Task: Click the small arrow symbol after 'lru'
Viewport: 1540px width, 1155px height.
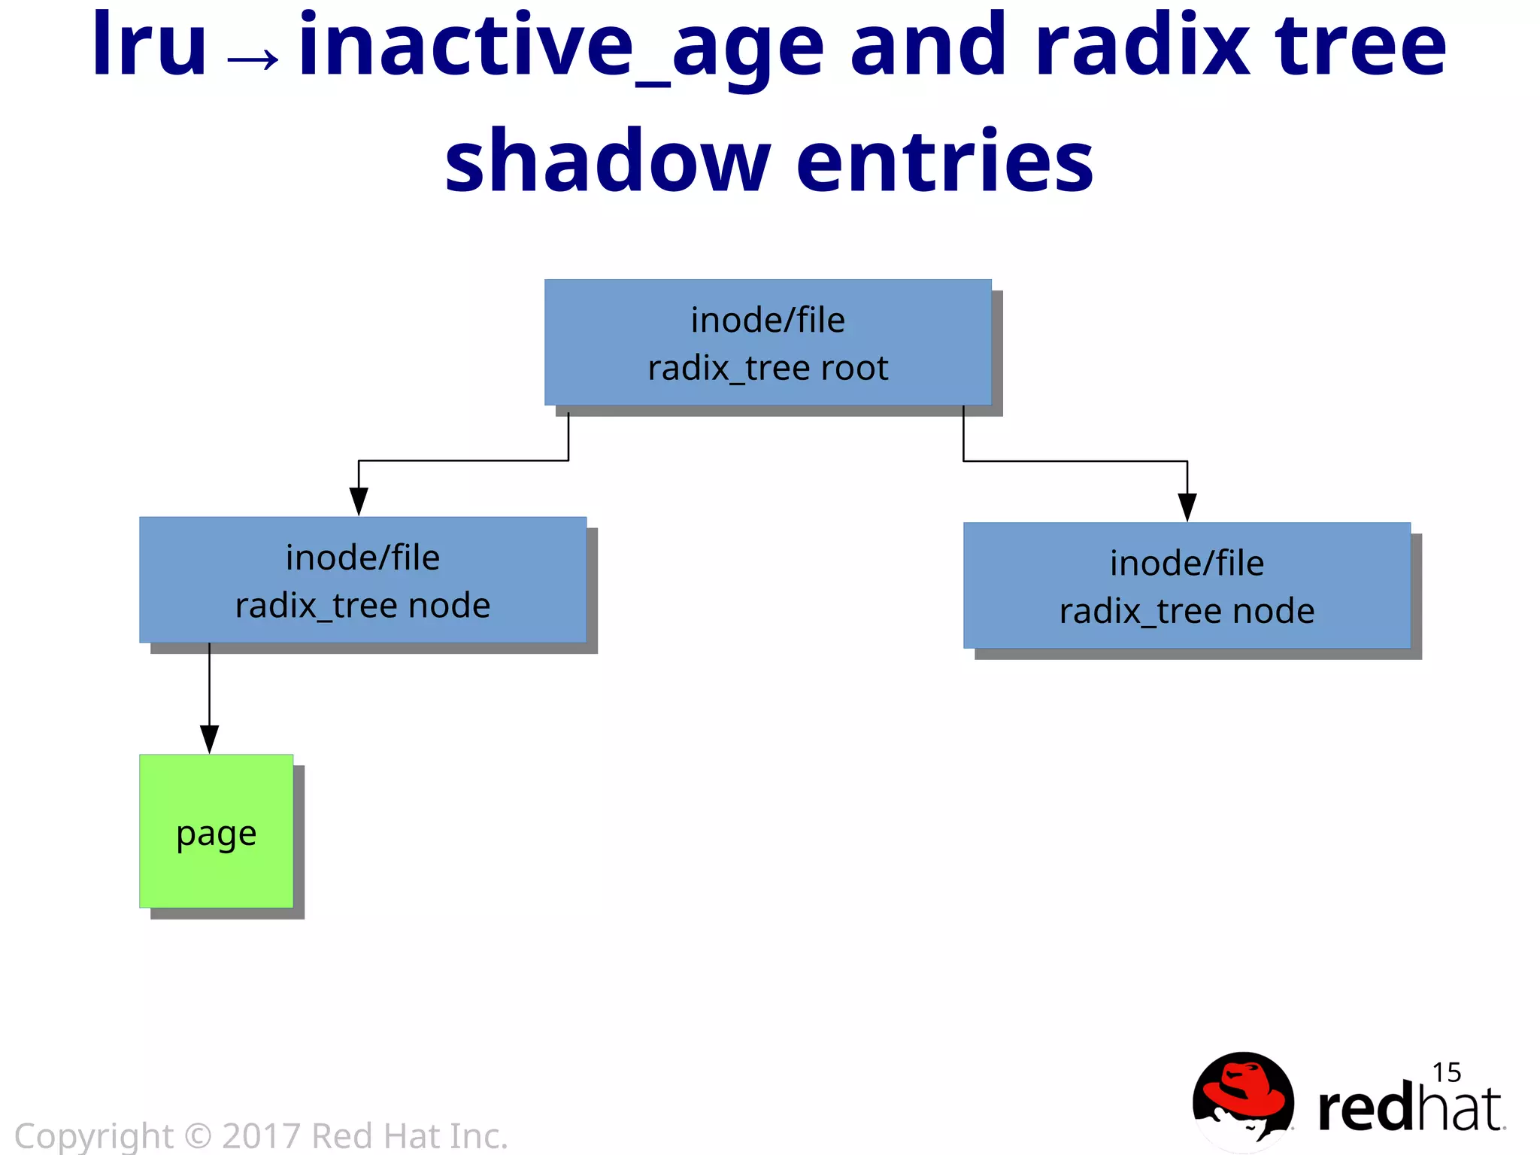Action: pyautogui.click(x=253, y=59)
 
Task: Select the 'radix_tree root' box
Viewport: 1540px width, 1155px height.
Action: pyautogui.click(x=768, y=343)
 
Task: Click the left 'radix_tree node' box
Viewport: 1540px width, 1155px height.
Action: pyautogui.click(x=362, y=580)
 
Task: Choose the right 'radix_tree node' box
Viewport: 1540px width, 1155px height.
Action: pyautogui.click(x=1187, y=586)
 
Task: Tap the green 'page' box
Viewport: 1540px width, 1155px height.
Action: pyautogui.click(x=217, y=831)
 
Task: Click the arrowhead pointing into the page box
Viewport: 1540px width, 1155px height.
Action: pyautogui.click(x=210, y=739)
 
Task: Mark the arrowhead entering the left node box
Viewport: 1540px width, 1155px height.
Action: pyautogui.click(x=359, y=501)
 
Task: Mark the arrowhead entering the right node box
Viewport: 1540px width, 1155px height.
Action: pyautogui.click(x=1187, y=507)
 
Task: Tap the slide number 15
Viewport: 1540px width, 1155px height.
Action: pyautogui.click(x=1446, y=1072)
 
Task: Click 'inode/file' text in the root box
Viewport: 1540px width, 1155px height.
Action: pyautogui.click(x=768, y=321)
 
